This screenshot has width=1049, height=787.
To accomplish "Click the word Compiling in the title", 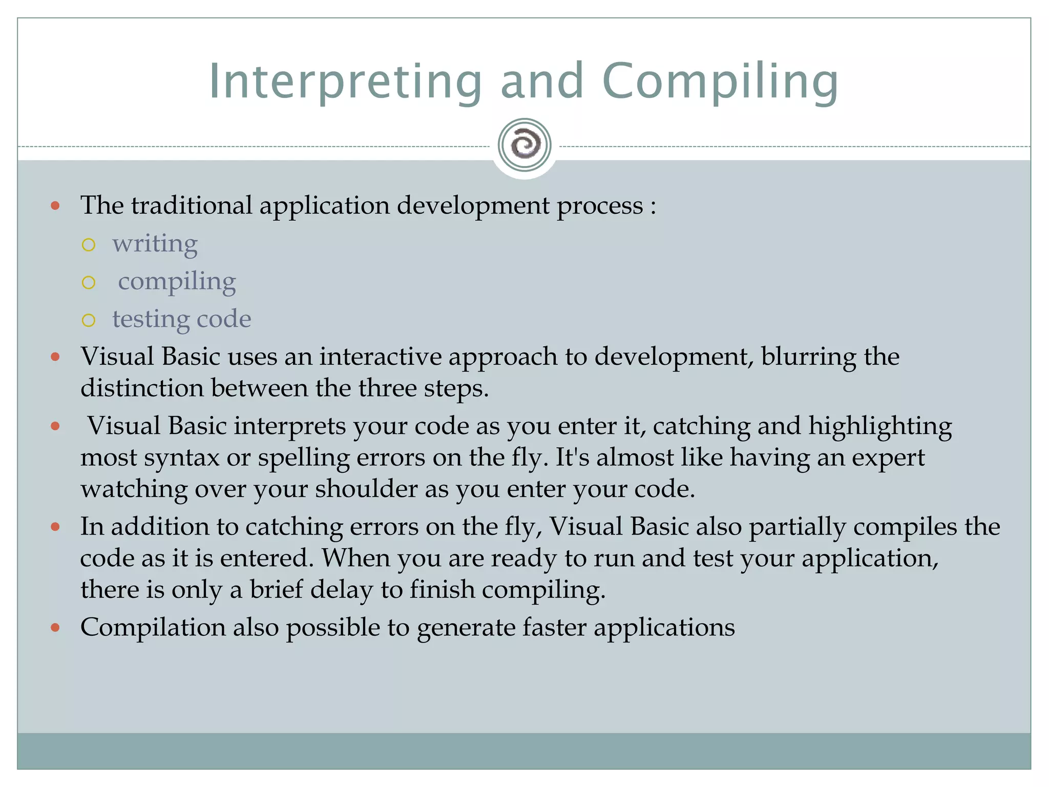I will point(720,82).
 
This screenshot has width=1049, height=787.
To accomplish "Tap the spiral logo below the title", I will point(524,145).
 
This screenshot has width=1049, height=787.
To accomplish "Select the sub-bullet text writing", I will point(155,244).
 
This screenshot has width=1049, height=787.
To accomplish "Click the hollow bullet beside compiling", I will point(89,282).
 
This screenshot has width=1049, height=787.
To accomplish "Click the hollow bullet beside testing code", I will point(89,320).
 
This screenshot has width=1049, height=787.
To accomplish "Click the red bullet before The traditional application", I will point(56,206).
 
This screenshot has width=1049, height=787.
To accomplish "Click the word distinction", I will point(142,388).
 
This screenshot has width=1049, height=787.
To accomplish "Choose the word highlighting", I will point(880,426).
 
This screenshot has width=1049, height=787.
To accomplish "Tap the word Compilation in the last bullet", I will point(153,627).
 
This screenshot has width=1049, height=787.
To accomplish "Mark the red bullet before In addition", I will point(56,527).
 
